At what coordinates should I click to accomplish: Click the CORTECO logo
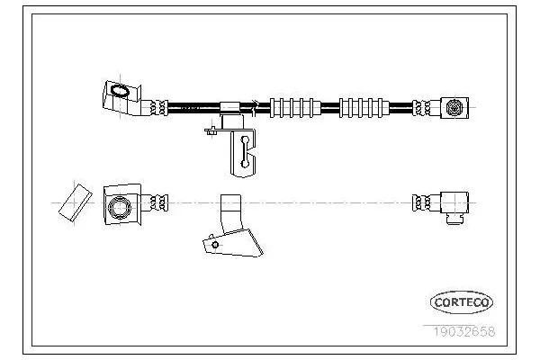462,302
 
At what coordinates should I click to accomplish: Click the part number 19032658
463,332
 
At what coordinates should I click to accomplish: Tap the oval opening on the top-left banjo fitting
120,91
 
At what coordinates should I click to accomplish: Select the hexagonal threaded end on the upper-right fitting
454,108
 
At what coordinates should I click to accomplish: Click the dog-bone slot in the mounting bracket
245,151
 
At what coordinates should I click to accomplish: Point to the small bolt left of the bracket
211,130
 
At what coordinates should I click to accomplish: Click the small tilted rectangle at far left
76,202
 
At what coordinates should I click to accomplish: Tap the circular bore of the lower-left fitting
120,208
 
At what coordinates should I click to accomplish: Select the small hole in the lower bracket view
215,245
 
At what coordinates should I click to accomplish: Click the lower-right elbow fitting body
454,202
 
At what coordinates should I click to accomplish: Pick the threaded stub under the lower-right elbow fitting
454,219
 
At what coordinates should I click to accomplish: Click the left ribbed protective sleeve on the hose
295,108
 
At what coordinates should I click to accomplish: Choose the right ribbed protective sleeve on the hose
364,108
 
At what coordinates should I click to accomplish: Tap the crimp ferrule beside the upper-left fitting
159,108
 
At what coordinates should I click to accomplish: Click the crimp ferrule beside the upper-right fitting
422,108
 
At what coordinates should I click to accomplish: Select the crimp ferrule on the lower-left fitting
159,202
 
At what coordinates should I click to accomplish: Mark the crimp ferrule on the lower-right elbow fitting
422,202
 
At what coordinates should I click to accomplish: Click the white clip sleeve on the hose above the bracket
229,107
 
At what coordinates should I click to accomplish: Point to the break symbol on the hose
256,107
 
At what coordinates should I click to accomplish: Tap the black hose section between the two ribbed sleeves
330,108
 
